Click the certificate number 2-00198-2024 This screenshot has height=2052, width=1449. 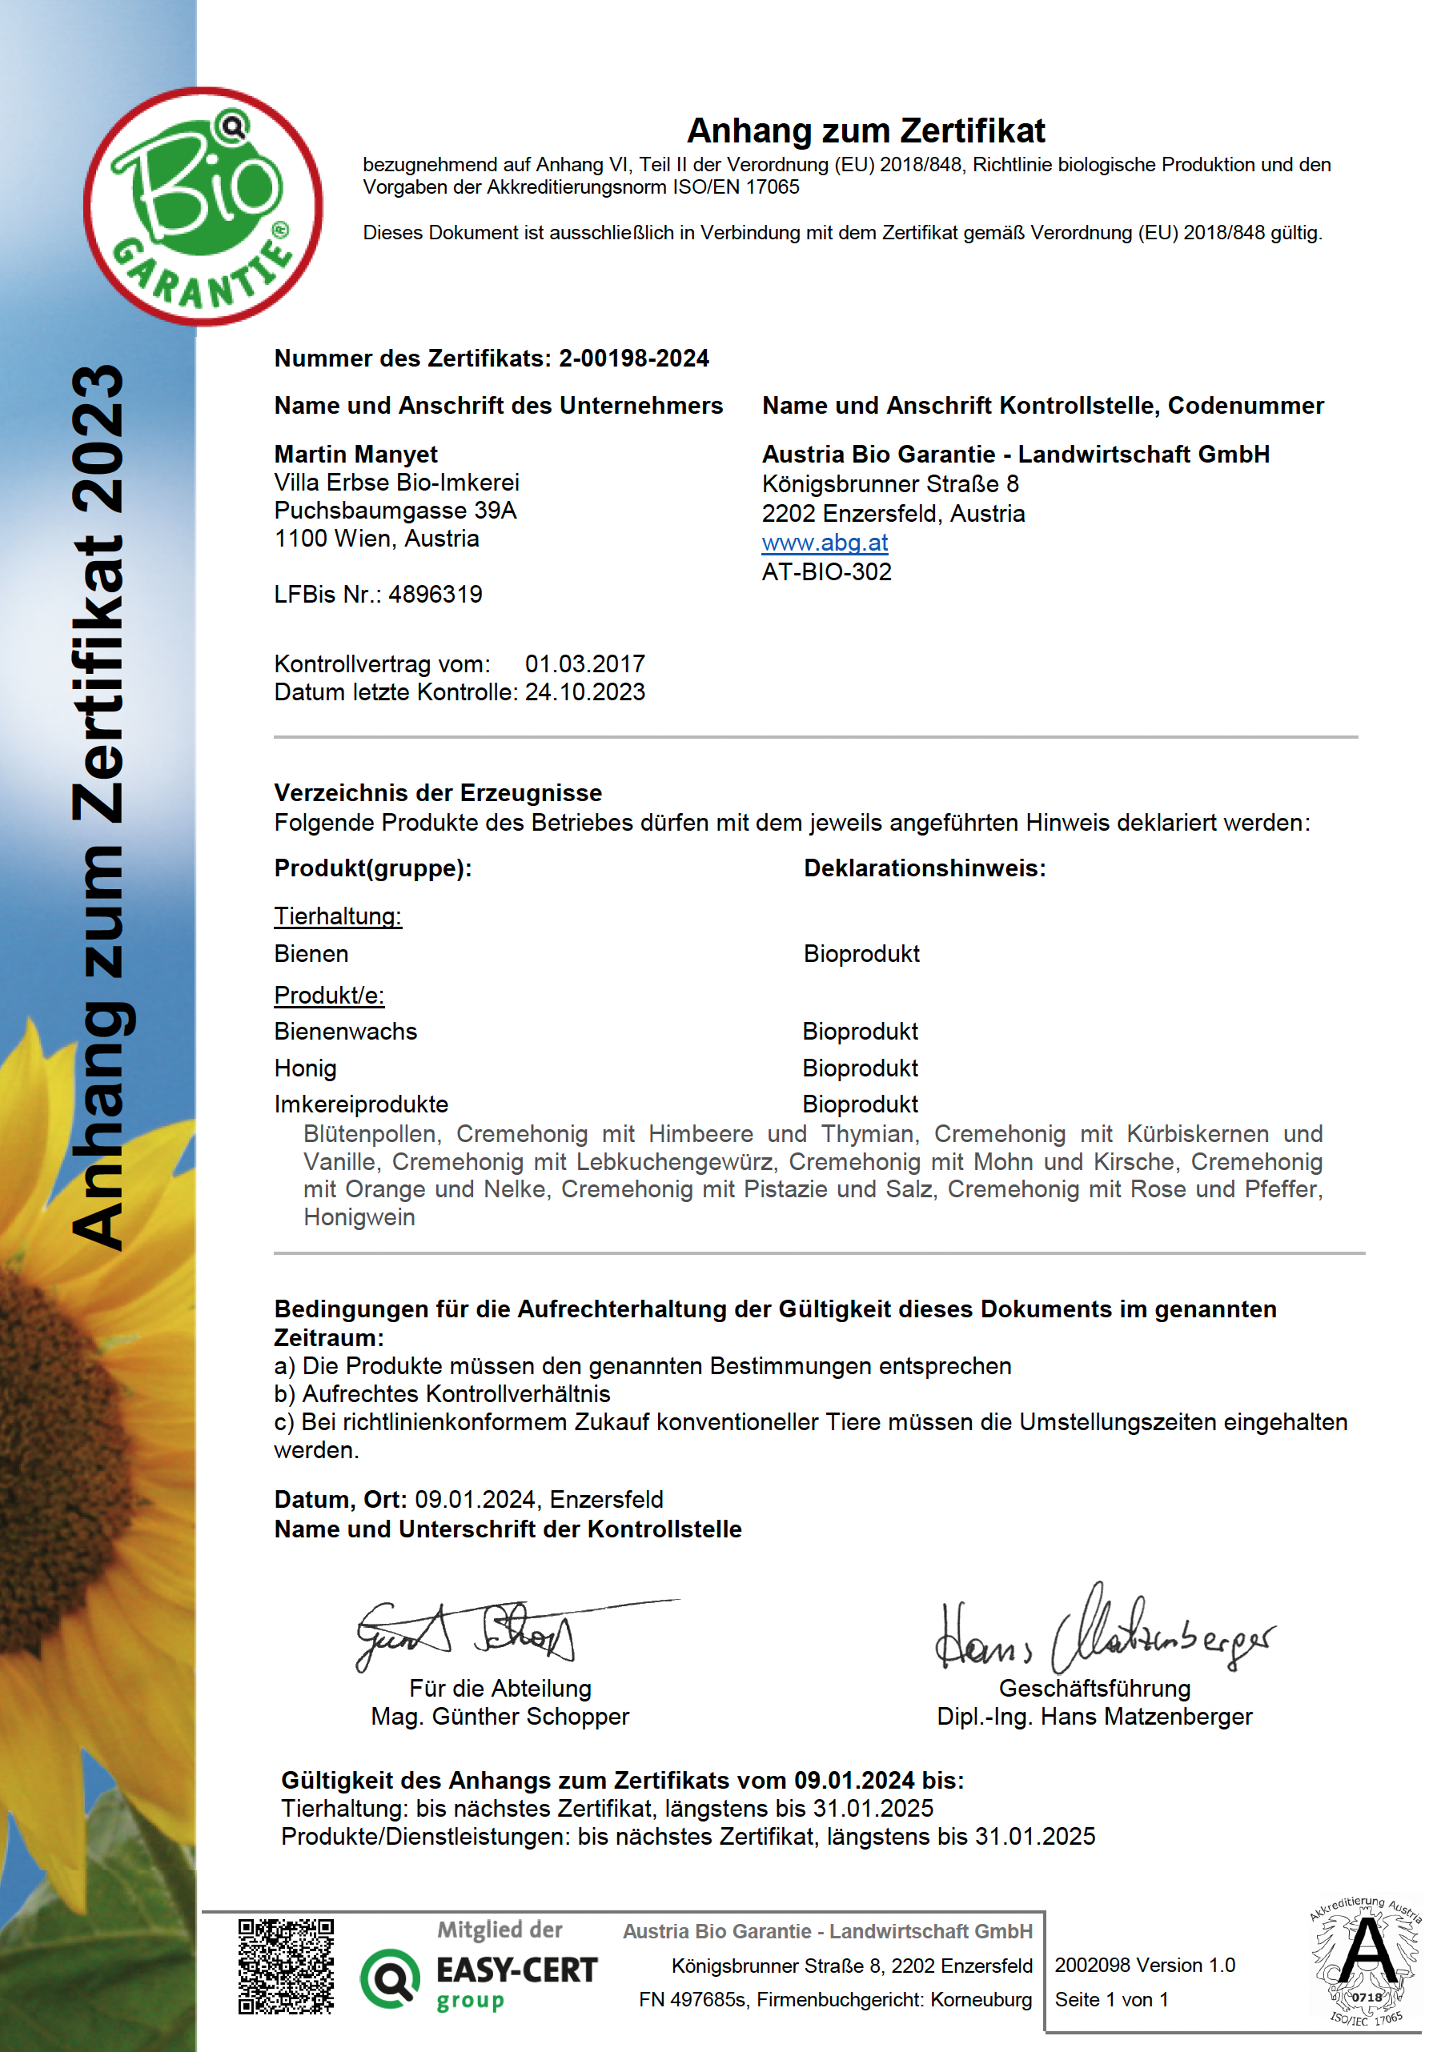[634, 359]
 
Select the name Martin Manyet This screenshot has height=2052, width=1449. [355, 454]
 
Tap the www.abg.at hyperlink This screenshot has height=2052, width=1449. [825, 543]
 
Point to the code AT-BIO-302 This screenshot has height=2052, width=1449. [826, 572]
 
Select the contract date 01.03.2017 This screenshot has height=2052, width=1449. [584, 664]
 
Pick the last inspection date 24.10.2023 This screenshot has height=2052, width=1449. [584, 691]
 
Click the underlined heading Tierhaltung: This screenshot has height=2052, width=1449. [338, 916]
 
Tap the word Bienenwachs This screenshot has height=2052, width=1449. [345, 1032]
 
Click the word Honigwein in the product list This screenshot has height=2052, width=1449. [359, 1217]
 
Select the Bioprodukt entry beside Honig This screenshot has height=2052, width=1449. [860, 1068]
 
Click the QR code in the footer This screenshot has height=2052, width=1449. [286, 1966]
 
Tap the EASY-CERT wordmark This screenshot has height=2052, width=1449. [516, 1970]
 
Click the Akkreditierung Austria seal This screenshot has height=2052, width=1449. [1365, 1962]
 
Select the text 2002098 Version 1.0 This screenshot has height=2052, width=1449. [1144, 1965]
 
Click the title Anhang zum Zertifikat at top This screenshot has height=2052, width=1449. [865, 130]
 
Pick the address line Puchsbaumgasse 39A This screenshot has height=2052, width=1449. [395, 511]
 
